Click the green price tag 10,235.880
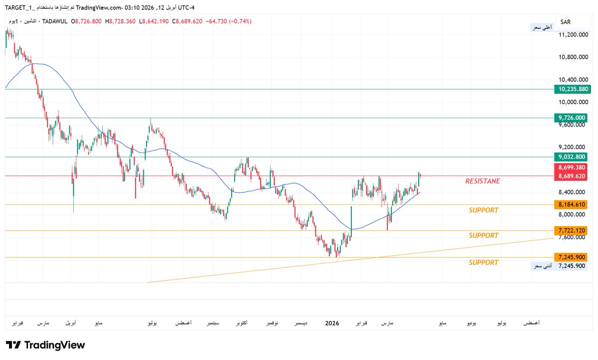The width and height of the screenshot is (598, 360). pos(573,89)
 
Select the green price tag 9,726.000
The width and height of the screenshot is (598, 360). pos(573,118)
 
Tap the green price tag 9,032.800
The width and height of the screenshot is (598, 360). pos(573,157)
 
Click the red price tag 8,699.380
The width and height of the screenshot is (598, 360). pos(573,167)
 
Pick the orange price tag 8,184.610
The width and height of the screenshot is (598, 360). pos(573,204)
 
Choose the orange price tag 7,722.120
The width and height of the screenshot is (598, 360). pos(573,230)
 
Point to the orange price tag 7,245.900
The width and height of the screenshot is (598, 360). pos(573,257)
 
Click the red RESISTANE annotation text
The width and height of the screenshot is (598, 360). pos(482,181)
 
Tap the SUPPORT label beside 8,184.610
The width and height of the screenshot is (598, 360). pos(483,210)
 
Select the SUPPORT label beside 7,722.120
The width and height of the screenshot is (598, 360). pos(483,235)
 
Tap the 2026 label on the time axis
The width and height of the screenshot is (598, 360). pos(332,324)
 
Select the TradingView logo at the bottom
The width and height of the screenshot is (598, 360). pos(45,345)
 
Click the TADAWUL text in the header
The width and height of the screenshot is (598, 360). pos(55,22)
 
